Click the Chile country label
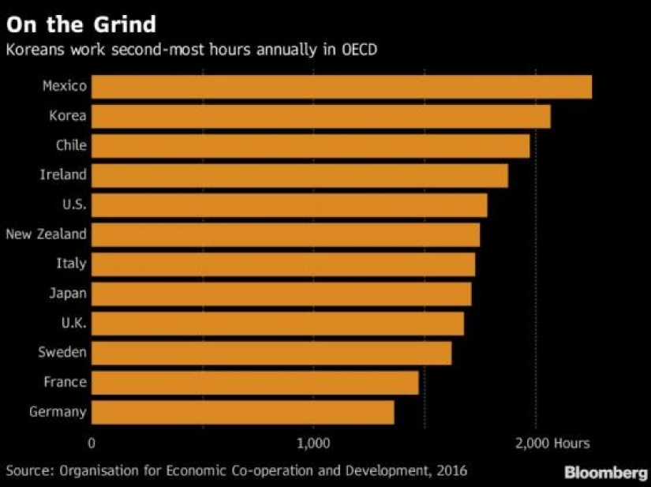click(x=71, y=145)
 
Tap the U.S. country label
click(x=74, y=204)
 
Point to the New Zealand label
click(x=46, y=234)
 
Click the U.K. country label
click(x=73, y=323)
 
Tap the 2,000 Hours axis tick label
click(x=552, y=443)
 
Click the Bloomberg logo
click(x=606, y=472)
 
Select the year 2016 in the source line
click(x=452, y=470)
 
